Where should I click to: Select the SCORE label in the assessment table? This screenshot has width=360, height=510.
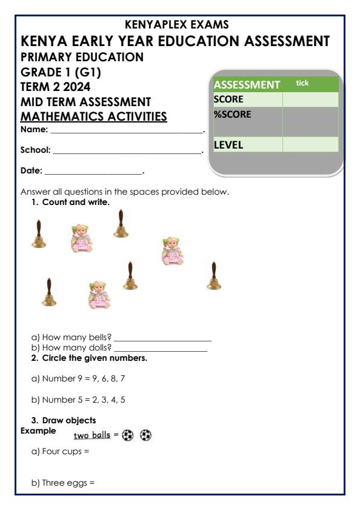pos(228,99)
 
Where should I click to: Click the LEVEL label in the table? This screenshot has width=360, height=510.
pos(228,145)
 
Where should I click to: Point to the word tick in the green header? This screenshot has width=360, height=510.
pos(302,82)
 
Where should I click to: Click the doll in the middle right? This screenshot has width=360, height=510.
pos(172,250)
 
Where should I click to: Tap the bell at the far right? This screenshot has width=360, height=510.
pos(212,276)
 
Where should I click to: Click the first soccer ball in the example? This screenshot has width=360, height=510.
pos(128,435)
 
